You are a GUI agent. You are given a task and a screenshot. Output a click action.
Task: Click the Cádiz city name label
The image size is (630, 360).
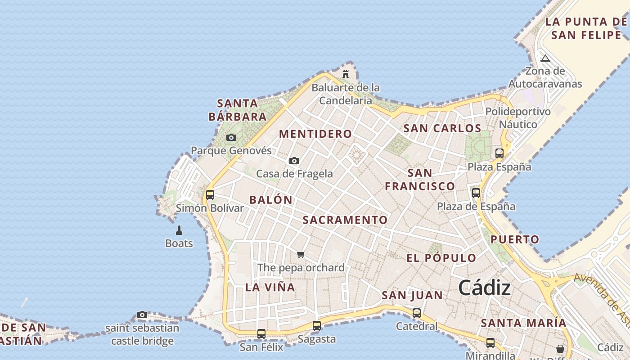pyautogui.click(x=485, y=288)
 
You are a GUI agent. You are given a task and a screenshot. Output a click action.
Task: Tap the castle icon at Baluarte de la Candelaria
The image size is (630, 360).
pyautogui.click(x=346, y=74)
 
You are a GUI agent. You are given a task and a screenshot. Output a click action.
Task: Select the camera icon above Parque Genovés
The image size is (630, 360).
pyautogui.click(x=231, y=137)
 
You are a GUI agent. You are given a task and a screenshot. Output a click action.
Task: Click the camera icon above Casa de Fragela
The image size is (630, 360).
pyautogui.click(x=294, y=161)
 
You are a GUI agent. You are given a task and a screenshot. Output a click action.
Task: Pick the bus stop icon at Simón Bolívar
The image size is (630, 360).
pyautogui.click(x=210, y=195)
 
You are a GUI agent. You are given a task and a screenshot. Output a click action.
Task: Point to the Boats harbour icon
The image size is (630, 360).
pyautogui.click(x=179, y=231)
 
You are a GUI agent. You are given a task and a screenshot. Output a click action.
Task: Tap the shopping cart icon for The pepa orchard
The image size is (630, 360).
pyautogui.click(x=301, y=255)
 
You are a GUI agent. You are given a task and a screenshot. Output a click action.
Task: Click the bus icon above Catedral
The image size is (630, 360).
pyautogui.click(x=417, y=313)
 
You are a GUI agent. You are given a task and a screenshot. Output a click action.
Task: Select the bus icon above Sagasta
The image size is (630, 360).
pyautogui.click(x=317, y=326)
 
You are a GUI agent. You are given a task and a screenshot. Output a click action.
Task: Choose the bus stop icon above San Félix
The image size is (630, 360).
pyautogui.click(x=261, y=334)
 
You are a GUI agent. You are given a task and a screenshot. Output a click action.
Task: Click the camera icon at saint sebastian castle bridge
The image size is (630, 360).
pyautogui.click(x=142, y=315)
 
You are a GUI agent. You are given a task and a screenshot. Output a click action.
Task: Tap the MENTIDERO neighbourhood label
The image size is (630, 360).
pyautogui.click(x=315, y=134)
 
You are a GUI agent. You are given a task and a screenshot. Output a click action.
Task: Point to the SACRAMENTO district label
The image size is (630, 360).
pyautogui.click(x=345, y=220)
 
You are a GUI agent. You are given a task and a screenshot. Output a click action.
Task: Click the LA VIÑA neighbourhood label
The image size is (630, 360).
pyautogui.click(x=270, y=287)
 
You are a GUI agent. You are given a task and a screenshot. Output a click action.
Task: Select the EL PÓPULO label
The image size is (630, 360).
pyautogui.click(x=441, y=258)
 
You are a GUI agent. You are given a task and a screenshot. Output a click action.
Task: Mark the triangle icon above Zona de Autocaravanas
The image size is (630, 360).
pyautogui.click(x=545, y=58)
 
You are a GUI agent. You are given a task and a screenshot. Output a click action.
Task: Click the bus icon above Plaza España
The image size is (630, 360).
pyautogui.click(x=499, y=153)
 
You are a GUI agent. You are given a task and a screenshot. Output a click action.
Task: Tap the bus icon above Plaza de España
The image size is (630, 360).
pyautogui.click(x=476, y=193)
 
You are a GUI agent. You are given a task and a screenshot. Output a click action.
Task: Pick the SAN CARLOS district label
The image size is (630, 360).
pyautogui.click(x=442, y=128)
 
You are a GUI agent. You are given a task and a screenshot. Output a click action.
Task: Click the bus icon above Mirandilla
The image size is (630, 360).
pyautogui.click(x=490, y=343)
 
